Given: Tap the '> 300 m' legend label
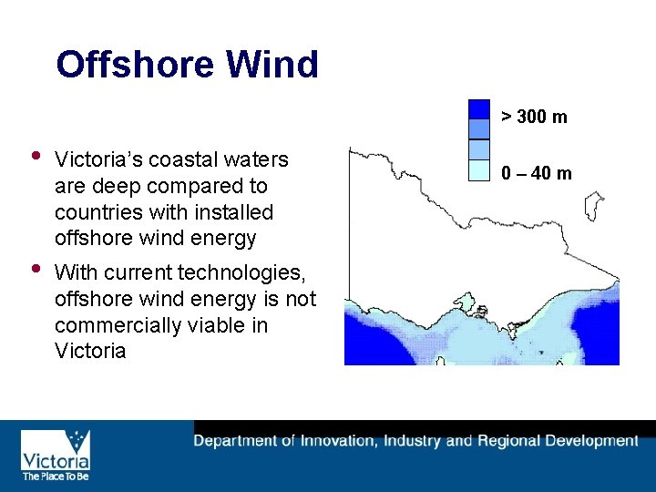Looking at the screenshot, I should (x=534, y=117).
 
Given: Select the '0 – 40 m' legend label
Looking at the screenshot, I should (x=536, y=173).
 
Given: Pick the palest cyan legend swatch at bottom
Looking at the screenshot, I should (x=479, y=169).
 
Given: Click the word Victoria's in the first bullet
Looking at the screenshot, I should (x=101, y=160).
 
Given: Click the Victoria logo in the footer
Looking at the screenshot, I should (x=55, y=451).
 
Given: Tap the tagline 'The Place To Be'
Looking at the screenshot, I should (x=55, y=476).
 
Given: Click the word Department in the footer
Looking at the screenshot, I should (x=235, y=441).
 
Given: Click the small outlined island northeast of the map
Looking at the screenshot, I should (x=594, y=206).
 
